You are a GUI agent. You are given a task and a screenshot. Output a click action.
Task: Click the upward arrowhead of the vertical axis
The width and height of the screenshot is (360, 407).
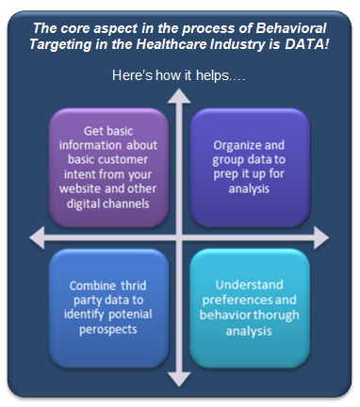179,94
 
